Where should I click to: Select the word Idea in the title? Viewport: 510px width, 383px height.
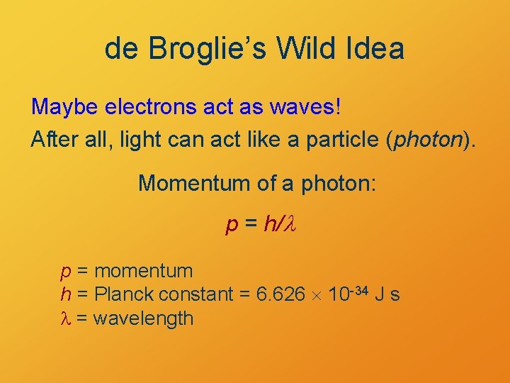point(375,49)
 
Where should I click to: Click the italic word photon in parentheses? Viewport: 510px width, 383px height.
point(427,139)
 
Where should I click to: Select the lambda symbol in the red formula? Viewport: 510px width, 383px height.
point(288,226)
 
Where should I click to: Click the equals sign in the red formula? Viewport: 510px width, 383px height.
point(250,226)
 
